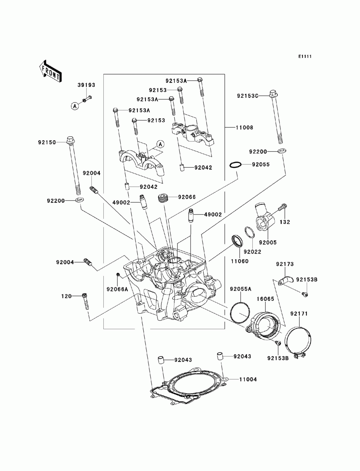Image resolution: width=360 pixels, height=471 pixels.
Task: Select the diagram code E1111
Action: click(305, 56)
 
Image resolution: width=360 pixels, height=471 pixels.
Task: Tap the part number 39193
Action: click(86, 85)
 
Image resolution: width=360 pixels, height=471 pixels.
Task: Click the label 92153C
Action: click(248, 96)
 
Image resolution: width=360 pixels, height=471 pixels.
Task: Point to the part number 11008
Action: click(244, 127)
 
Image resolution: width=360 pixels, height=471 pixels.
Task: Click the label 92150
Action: click(47, 142)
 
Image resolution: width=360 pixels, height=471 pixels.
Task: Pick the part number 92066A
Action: click(117, 289)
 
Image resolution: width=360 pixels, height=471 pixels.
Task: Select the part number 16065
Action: click(265, 299)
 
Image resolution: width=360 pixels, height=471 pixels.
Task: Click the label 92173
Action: click(285, 264)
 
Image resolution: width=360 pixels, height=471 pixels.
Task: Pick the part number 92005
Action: click(268, 243)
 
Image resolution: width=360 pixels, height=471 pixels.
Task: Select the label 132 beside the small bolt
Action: click(285, 222)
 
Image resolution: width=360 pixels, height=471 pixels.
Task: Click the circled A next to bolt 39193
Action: click(75, 106)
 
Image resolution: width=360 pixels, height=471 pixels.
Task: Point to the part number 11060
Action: click(239, 261)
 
